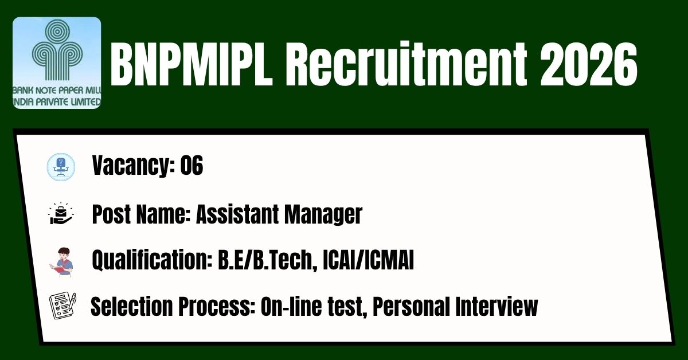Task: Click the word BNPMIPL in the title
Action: click(191, 65)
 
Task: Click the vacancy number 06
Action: click(191, 165)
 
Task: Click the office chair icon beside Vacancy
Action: click(61, 167)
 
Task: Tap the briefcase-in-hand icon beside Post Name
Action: click(61, 213)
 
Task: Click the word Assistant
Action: click(237, 214)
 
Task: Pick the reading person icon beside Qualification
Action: click(61, 263)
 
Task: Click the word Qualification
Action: click(153, 260)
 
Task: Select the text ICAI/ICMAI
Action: click(369, 260)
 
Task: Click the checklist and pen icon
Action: click(62, 306)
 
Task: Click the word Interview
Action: click(497, 306)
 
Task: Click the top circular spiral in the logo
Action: click(57, 32)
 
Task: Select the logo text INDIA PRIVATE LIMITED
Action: click(57, 102)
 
